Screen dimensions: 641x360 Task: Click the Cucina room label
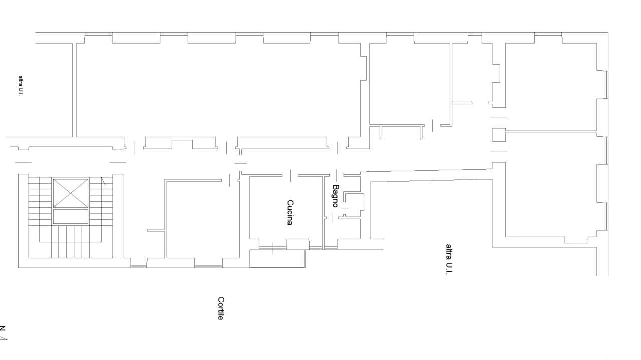click(290, 213)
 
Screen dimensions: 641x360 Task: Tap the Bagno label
click(336, 196)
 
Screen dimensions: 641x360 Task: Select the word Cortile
click(221, 308)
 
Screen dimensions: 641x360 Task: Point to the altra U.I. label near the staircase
click(21, 86)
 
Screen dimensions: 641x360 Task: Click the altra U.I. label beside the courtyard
click(449, 259)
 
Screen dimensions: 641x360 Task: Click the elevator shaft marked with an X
click(71, 193)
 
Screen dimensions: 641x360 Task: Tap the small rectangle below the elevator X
click(71, 216)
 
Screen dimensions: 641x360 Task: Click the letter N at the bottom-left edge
click(3, 328)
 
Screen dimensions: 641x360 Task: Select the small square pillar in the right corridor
click(499, 135)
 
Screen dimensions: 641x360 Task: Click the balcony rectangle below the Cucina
click(277, 259)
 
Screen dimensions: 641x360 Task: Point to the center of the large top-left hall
click(218, 90)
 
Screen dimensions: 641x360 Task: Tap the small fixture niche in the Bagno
click(354, 201)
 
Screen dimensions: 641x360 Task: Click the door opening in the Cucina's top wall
click(290, 175)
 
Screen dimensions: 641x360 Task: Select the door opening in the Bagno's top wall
click(337, 175)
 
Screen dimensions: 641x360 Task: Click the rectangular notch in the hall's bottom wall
click(182, 144)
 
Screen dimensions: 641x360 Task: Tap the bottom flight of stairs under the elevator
click(71, 242)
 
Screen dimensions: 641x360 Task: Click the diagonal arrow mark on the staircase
click(103, 181)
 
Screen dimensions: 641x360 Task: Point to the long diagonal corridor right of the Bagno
click(426, 175)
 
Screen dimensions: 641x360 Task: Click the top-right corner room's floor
click(551, 87)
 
